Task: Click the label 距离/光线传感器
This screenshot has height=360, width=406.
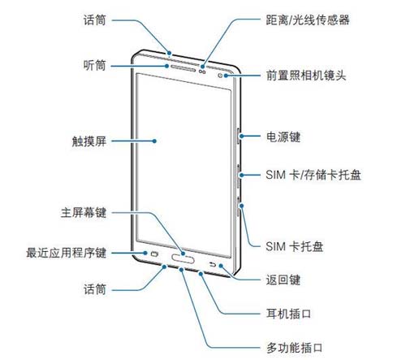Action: (307, 20)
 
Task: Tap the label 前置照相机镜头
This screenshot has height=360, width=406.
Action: (306, 75)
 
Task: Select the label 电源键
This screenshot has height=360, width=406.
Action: (283, 137)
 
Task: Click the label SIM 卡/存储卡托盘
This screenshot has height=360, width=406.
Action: (313, 175)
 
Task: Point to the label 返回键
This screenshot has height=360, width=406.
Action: (283, 280)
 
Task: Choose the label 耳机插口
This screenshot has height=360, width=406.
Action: (289, 314)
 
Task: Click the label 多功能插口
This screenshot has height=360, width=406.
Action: (295, 348)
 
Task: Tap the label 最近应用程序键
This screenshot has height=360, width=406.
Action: (66, 253)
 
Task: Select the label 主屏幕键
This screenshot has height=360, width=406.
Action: (84, 212)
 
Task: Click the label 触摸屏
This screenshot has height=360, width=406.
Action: (89, 141)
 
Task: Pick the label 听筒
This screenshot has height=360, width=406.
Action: (94, 65)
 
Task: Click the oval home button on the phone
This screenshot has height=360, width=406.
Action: (183, 259)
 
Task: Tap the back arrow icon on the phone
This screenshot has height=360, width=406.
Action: (213, 264)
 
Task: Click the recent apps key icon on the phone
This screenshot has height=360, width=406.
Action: (154, 254)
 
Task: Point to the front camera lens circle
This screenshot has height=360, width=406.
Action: (220, 76)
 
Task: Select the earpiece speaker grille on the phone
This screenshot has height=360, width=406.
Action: (183, 68)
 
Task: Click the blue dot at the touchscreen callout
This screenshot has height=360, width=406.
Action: (154, 141)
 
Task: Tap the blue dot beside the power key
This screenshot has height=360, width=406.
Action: (240, 136)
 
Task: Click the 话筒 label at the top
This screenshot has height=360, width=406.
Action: (94, 20)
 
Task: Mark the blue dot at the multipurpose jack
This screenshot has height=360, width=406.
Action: (181, 270)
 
